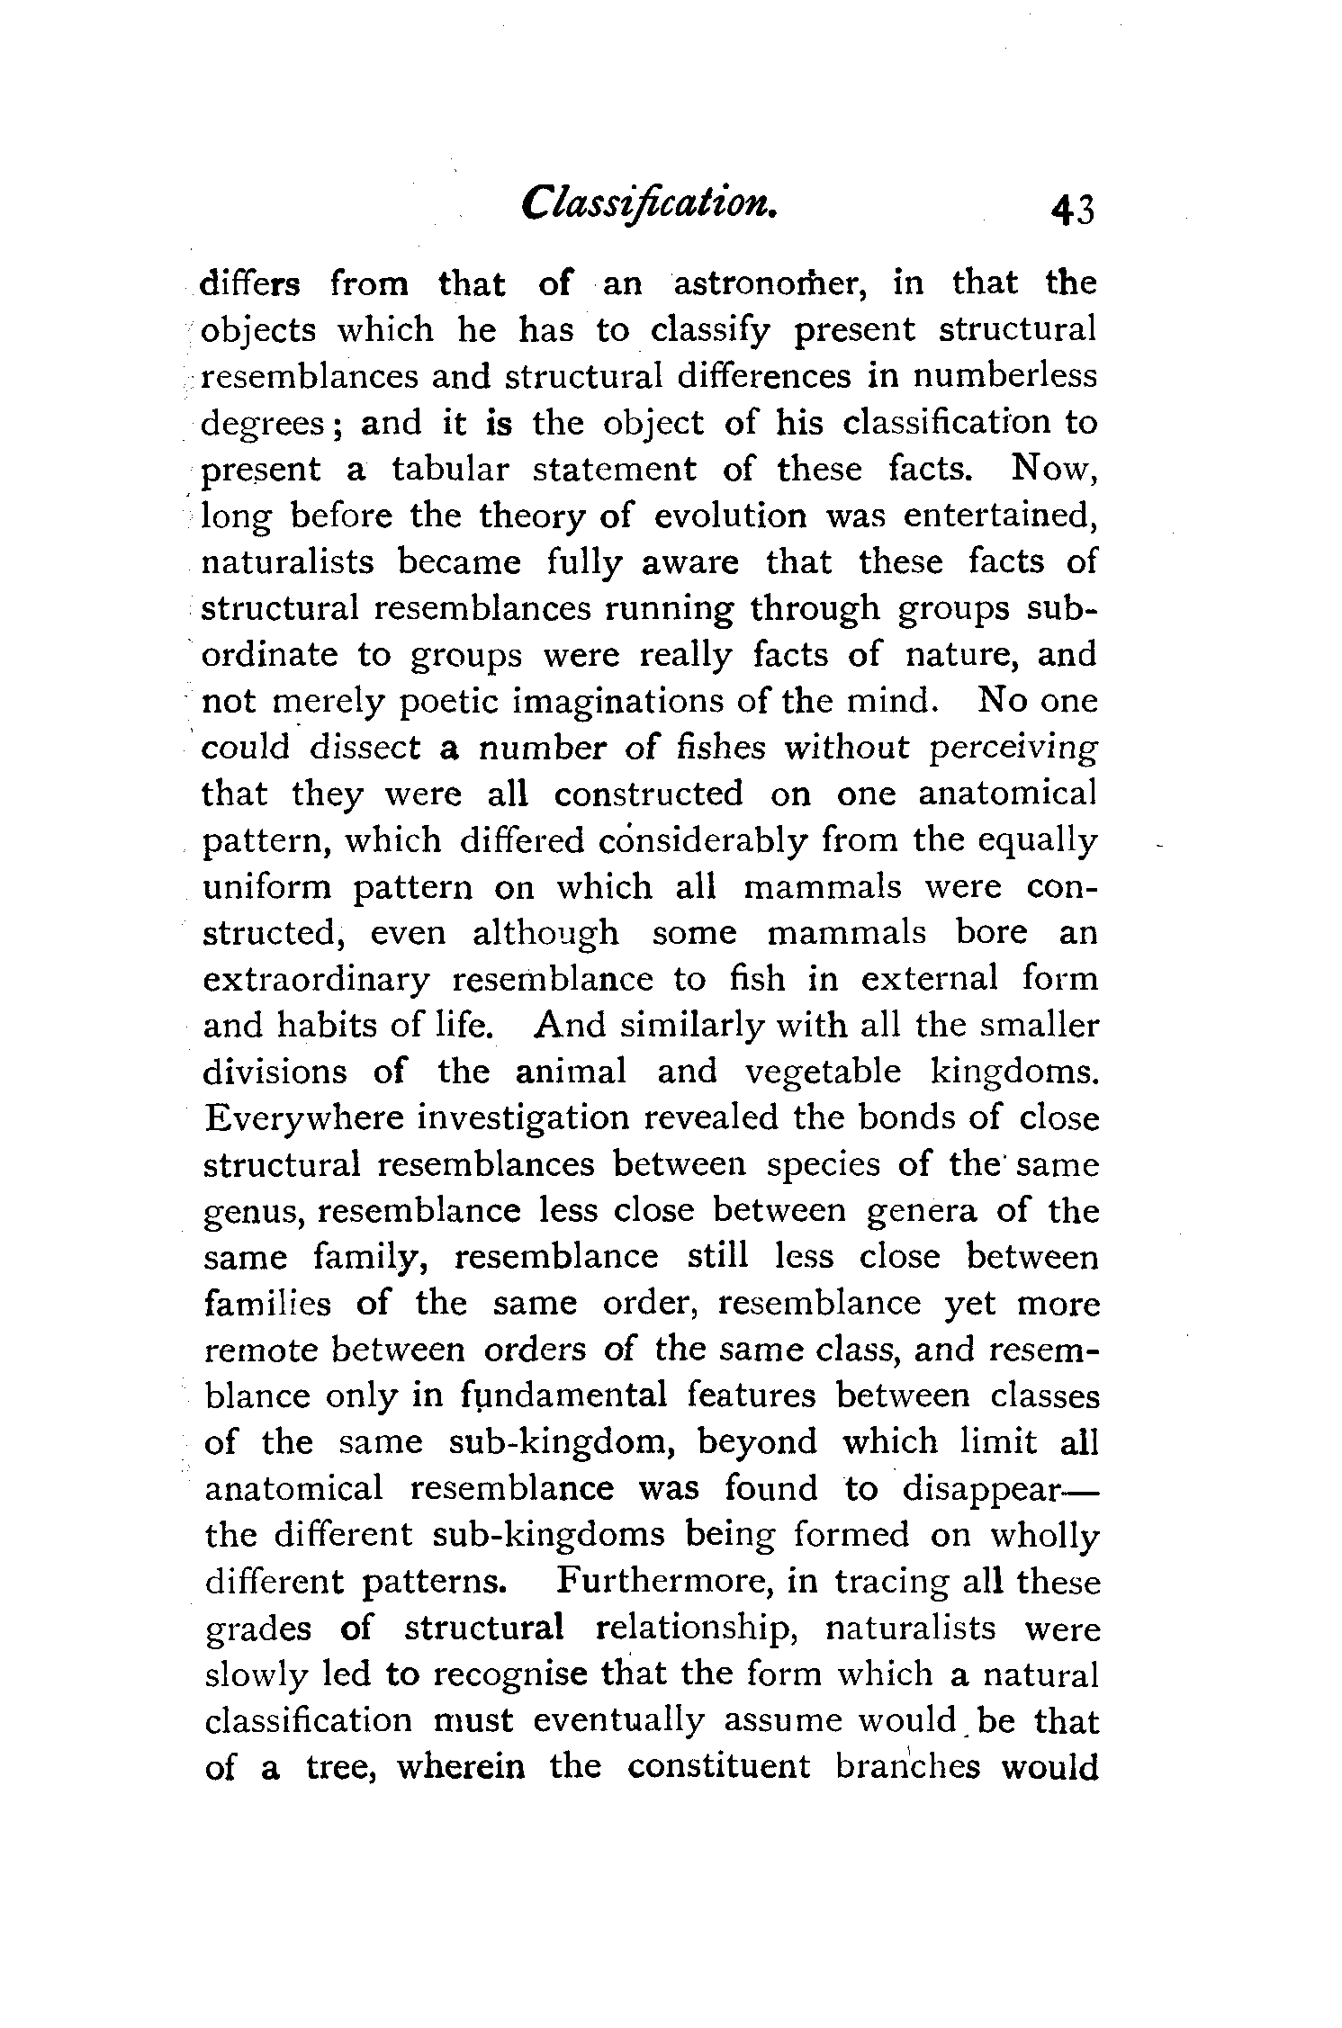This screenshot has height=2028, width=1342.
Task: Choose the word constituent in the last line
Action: [719, 1768]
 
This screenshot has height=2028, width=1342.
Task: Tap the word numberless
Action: [1005, 376]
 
